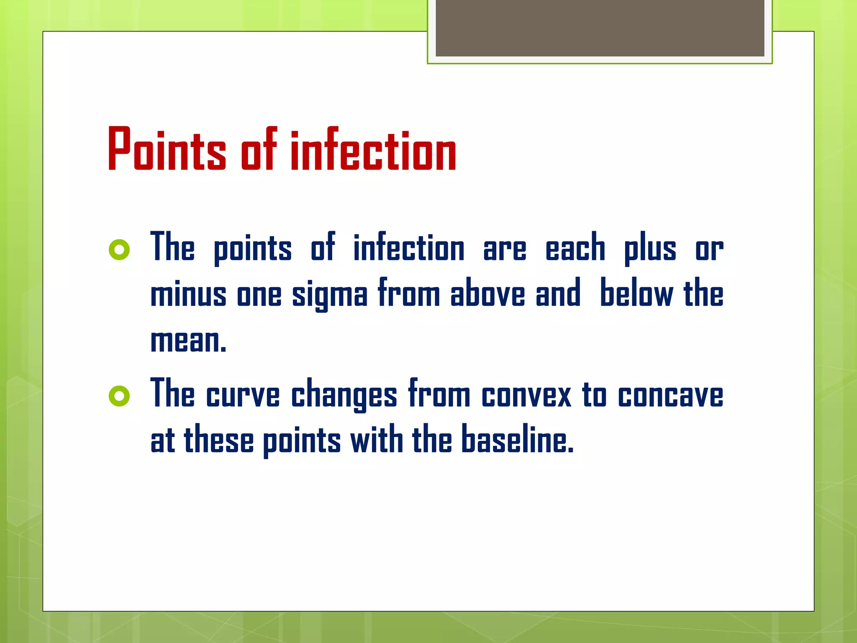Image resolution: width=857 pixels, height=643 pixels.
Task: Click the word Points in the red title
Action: point(167,150)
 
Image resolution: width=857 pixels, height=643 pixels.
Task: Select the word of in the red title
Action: point(259,150)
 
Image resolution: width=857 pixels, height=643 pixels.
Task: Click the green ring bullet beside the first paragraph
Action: point(119,250)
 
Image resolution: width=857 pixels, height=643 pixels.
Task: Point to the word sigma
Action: point(330,294)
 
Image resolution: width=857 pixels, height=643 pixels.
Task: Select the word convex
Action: point(526,395)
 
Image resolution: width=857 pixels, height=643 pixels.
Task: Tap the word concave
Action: point(670,395)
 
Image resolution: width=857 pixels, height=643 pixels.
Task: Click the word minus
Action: point(188,294)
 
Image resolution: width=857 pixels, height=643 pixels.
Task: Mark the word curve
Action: point(243,395)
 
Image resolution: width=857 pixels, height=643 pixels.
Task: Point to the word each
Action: point(575,248)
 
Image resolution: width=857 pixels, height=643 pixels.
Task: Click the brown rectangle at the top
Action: point(600,28)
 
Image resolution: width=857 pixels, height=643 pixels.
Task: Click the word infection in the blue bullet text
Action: point(409,248)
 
